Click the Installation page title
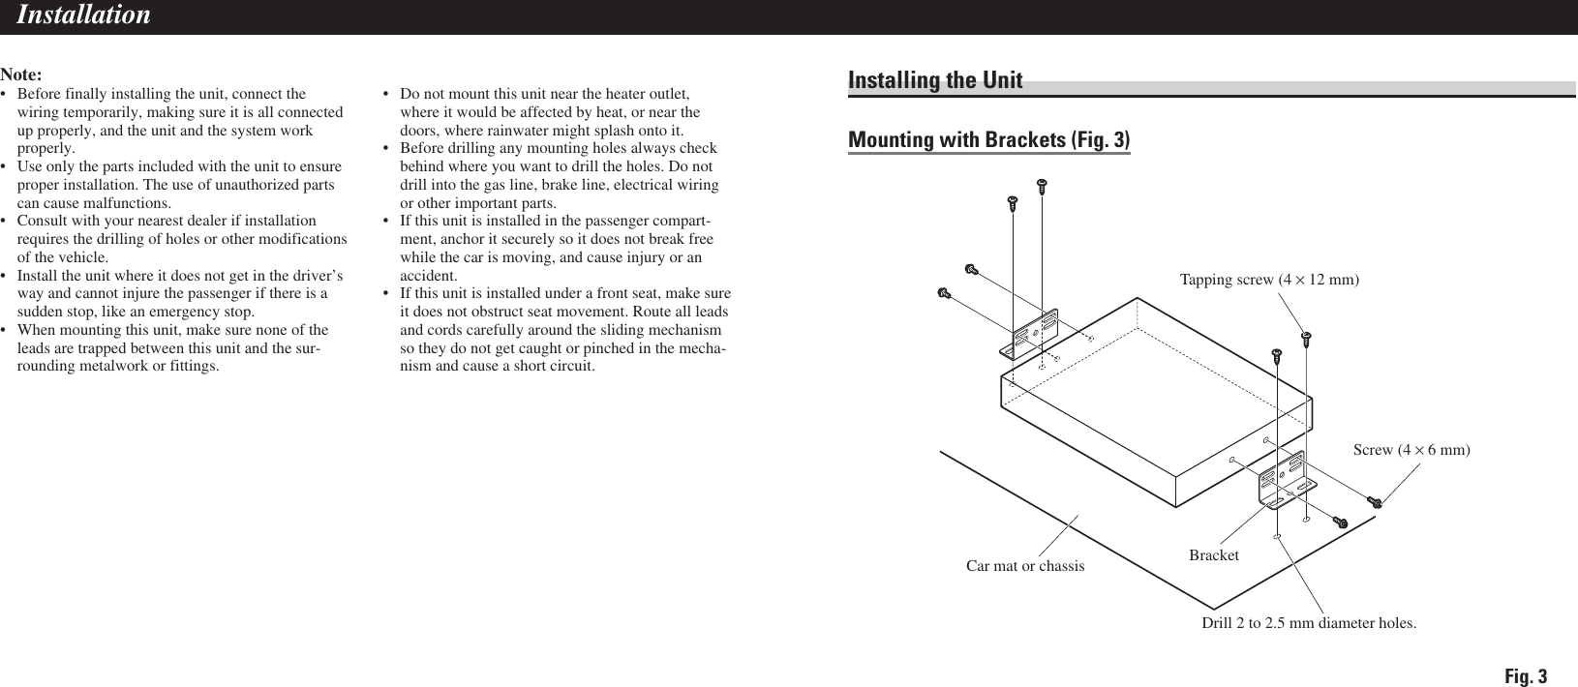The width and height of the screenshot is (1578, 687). pos(84,15)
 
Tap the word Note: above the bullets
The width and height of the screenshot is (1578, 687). pos(21,75)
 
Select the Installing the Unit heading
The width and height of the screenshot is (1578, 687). pos(935,80)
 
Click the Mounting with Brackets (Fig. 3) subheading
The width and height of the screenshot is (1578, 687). pos(988,140)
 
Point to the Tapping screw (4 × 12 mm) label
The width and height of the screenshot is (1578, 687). pos(1269,280)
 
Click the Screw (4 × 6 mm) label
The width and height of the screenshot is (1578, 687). pos(1411,450)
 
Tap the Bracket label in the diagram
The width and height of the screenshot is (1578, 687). pos(1213,555)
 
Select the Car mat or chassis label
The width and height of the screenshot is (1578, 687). pos(1025,565)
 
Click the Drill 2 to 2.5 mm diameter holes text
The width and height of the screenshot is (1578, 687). pos(1308,622)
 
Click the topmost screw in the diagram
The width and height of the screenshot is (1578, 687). pos(1043,182)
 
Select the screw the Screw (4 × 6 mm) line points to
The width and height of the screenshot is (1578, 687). pos(1375,501)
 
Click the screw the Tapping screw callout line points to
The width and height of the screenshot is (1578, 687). pos(1305,338)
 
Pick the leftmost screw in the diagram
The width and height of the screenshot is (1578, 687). pos(945,292)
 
